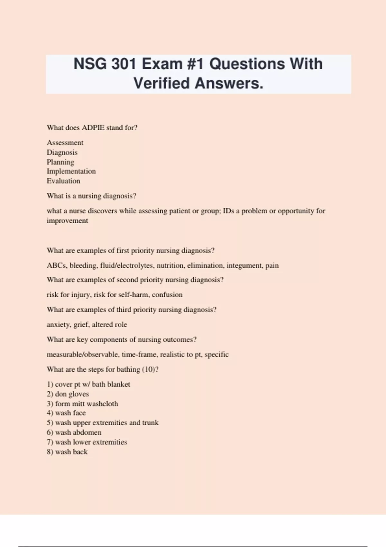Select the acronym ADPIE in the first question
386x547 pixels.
pos(93,128)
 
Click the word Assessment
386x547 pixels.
pos(65,143)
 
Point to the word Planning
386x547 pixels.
pos(60,162)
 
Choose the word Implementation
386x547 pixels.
pos(71,171)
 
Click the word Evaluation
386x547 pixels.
pos(63,181)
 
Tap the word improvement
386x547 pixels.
pos(67,221)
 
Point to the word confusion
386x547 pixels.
pos(167,295)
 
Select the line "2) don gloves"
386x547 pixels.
pos(68,394)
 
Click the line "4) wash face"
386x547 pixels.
pos(66,413)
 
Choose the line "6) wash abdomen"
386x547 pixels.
pos(74,432)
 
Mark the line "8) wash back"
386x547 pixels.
pos(67,452)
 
